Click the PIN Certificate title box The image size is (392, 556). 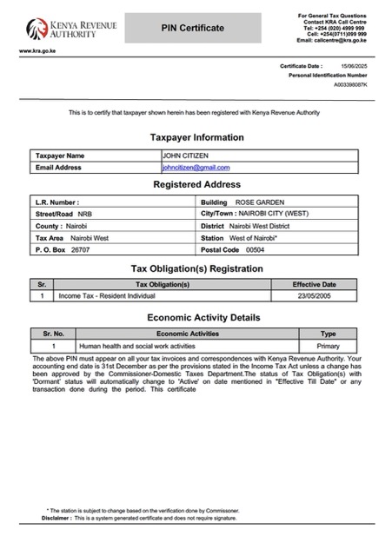click(x=192, y=29)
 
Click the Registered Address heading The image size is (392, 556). click(x=196, y=185)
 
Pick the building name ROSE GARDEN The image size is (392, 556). click(x=254, y=202)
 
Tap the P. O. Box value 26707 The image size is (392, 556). click(x=80, y=249)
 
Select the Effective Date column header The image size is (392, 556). click(x=314, y=284)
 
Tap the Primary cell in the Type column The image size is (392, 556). click(x=328, y=346)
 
